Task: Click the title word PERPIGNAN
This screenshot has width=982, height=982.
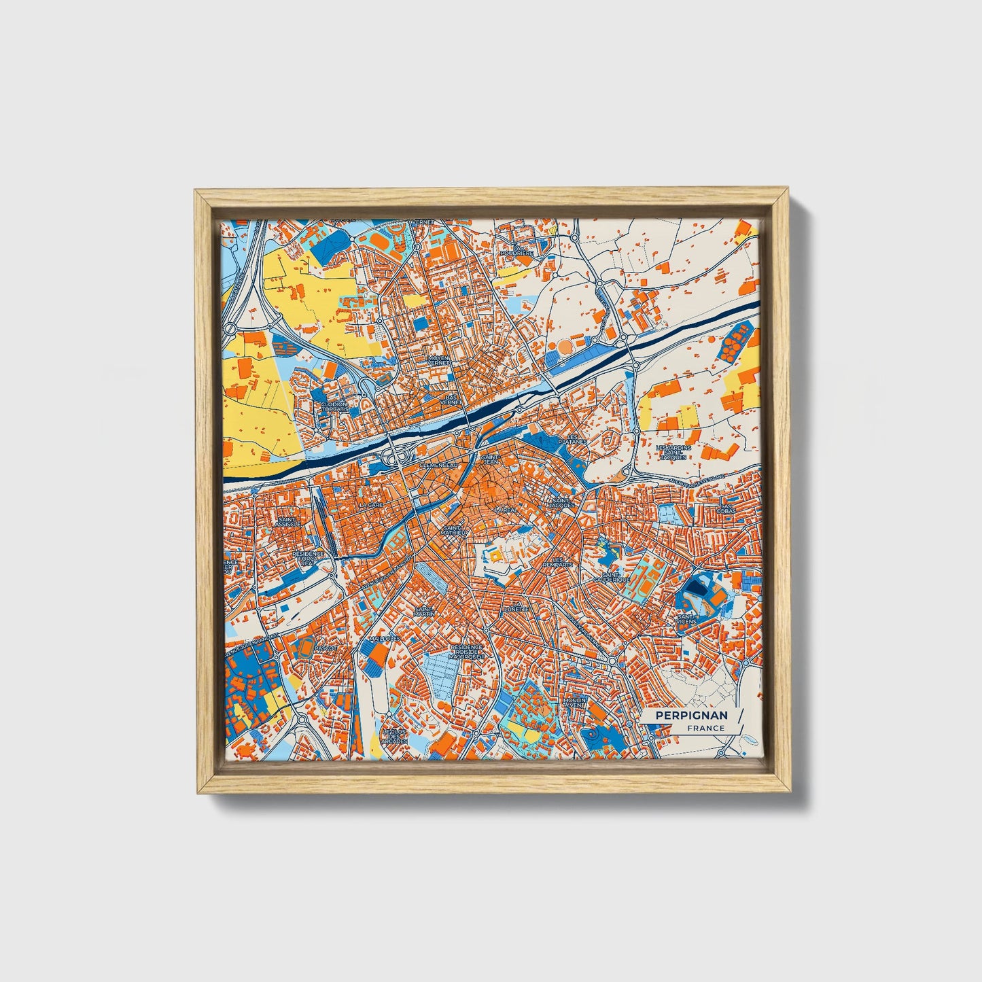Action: tap(691, 716)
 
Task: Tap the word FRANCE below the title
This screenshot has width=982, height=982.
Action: tap(705, 728)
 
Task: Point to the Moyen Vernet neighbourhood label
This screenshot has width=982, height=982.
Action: tap(438, 360)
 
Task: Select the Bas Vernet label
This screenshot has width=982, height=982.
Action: tap(450, 399)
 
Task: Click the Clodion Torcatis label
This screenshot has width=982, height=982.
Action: tap(334, 406)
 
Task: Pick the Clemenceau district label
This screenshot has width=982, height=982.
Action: tap(440, 465)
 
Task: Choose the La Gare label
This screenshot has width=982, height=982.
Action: tap(372, 506)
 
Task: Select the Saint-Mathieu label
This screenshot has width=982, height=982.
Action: tap(453, 530)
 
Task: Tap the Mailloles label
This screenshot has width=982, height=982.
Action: tap(385, 639)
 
